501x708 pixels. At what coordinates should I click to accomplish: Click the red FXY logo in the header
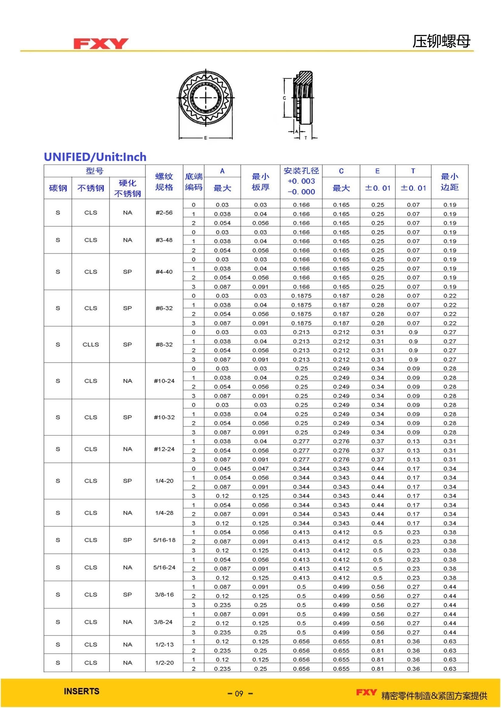pyautogui.click(x=101, y=44)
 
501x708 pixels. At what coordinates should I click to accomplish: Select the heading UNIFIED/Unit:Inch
pyautogui.click(x=95, y=157)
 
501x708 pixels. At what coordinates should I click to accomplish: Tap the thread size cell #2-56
pyautogui.click(x=164, y=212)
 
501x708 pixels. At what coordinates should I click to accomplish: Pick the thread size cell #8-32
pyautogui.click(x=164, y=344)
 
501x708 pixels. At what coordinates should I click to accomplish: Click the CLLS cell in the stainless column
pyautogui.click(x=91, y=344)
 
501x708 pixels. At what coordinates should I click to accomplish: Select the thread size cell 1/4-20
pyautogui.click(x=164, y=481)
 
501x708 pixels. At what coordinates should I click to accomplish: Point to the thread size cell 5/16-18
pyautogui.click(x=164, y=540)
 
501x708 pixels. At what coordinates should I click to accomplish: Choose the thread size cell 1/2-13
pyautogui.click(x=164, y=644)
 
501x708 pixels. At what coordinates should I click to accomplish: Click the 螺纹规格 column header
pyautogui.click(x=164, y=182)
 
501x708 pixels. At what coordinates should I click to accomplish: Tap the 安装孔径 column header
pyautogui.click(x=301, y=171)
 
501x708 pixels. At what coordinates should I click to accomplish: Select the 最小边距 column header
pyautogui.click(x=450, y=182)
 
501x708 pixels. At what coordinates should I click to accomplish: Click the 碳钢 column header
pyautogui.click(x=58, y=188)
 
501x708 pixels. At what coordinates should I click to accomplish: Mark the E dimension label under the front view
pyautogui.click(x=206, y=138)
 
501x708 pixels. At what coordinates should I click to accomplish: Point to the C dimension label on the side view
pyautogui.click(x=284, y=98)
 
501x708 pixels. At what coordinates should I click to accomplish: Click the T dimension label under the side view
pyautogui.click(x=306, y=138)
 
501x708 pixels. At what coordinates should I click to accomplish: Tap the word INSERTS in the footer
pyautogui.click(x=82, y=691)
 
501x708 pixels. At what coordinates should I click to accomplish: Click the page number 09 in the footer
pyautogui.click(x=239, y=693)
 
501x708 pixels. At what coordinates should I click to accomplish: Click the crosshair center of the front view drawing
pyautogui.click(x=206, y=98)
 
